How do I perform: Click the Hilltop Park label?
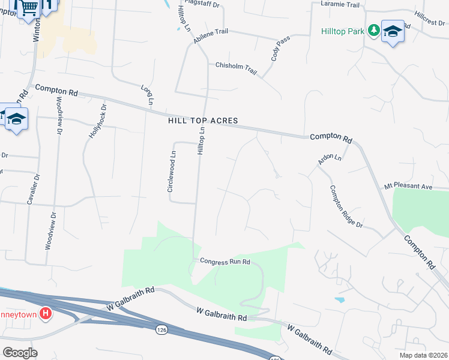pos(342,31)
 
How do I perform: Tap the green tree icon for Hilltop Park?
pos(373,29)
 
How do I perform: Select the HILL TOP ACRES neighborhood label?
pos(203,121)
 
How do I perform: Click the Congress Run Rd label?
pos(224,262)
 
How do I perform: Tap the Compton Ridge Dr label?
pos(346,206)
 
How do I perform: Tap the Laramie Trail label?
pos(340,4)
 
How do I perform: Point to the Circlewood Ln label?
pos(172,172)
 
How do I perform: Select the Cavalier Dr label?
pos(32,189)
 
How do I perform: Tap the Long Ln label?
pos(147,95)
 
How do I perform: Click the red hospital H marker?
pos(45,313)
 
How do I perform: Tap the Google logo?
pos(20,353)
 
